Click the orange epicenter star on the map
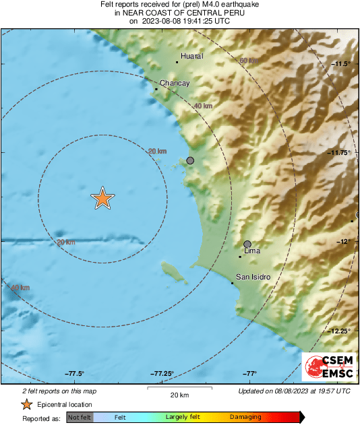pyautogui.click(x=102, y=198)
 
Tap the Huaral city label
pyautogui.click(x=192, y=57)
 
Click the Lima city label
pyautogui.click(x=251, y=251)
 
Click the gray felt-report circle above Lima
pyautogui.click(x=247, y=244)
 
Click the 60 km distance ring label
pyautogui.click(x=249, y=61)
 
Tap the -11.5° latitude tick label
pyautogui.click(x=341, y=64)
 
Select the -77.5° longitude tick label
pyautogui.click(x=74, y=374)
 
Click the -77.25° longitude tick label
pyautogui.click(x=162, y=374)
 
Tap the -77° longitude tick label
pyautogui.click(x=250, y=374)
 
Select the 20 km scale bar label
pyautogui.click(x=179, y=394)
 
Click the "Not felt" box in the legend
pyautogui.click(x=80, y=418)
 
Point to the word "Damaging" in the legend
pyautogui.click(x=245, y=418)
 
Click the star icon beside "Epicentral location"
pyautogui.click(x=26, y=404)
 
